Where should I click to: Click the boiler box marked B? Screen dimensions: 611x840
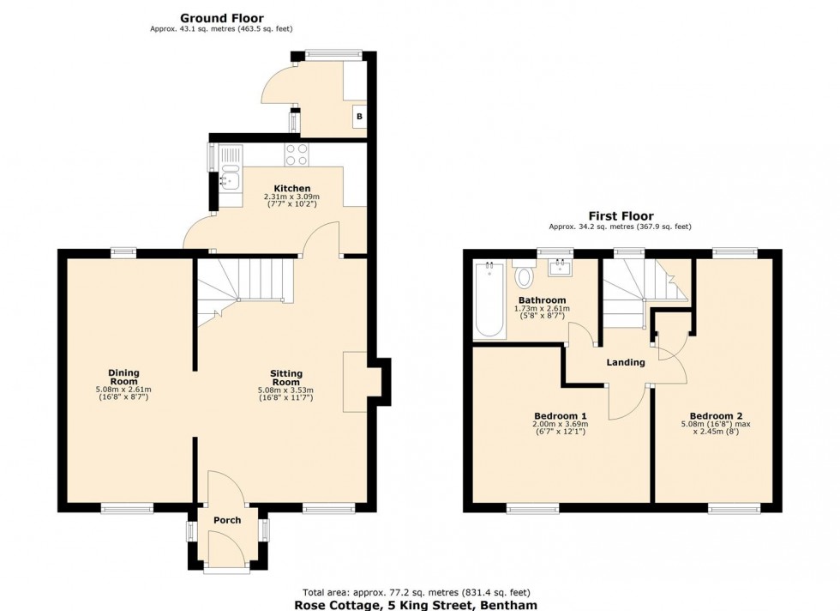tap(359, 117)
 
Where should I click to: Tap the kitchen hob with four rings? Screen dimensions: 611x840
tap(297, 154)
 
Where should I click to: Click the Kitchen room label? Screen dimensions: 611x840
tap(291, 189)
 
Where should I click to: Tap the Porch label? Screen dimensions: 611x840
tap(227, 520)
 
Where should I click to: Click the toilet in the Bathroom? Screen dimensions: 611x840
tap(525, 276)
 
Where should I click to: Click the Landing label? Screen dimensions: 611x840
tap(626, 362)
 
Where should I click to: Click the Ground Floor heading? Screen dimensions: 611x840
tap(221, 17)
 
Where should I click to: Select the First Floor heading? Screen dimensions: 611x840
tap(620, 216)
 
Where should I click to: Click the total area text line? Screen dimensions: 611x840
tap(417, 592)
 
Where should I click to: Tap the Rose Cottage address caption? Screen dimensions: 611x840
tap(417, 605)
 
